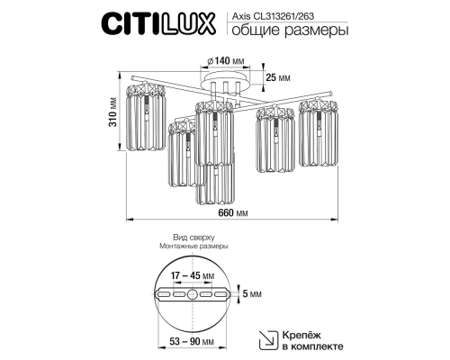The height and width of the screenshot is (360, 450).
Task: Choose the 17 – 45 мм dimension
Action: point(190,275)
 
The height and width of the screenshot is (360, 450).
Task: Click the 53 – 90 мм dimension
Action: point(190,345)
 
